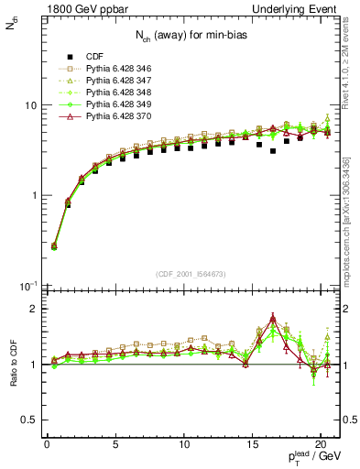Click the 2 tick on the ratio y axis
pos(31,310)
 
